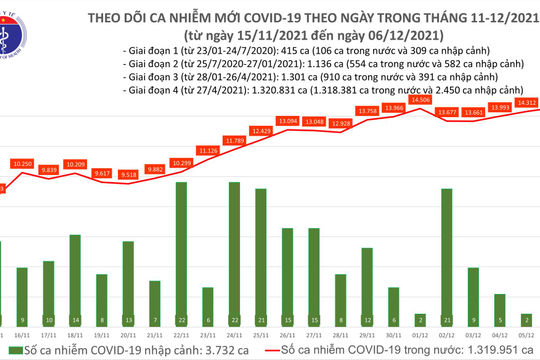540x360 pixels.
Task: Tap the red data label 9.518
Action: click(128, 174)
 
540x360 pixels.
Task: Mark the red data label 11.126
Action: click(208, 150)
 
